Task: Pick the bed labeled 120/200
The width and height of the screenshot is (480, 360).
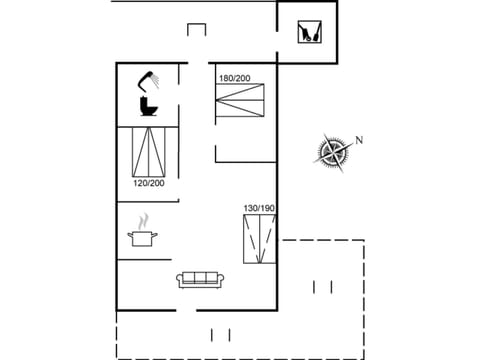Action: [x=150, y=152]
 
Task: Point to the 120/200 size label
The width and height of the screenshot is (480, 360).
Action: [x=149, y=183]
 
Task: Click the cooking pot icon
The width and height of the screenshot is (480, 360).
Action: [x=143, y=238]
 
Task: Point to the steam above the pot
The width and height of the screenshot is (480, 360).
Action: [x=143, y=220]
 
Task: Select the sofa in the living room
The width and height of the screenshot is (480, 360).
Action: [x=200, y=279]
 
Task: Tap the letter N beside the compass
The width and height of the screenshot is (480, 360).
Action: [x=358, y=140]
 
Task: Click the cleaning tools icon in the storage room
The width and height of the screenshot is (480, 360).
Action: [x=306, y=32]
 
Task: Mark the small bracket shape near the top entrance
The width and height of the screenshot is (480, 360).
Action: [x=196, y=30]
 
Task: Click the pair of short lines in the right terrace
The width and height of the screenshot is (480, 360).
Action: [x=322, y=287]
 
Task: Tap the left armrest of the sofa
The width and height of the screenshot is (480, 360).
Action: [x=180, y=281]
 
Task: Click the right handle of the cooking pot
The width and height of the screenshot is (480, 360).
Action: [x=156, y=237]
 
